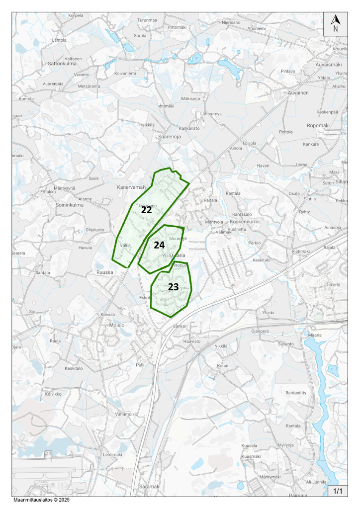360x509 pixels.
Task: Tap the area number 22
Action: [x=146, y=210]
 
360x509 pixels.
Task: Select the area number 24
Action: [x=159, y=245]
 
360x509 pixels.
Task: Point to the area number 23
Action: [x=173, y=287]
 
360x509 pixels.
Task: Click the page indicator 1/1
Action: [x=338, y=491]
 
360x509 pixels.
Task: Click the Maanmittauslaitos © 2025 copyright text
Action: [x=41, y=500]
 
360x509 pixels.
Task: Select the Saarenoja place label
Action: [x=169, y=136]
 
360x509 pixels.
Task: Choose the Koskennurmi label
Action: [x=246, y=222]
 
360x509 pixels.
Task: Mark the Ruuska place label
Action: [x=105, y=272]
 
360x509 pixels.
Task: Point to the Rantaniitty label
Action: [x=296, y=393]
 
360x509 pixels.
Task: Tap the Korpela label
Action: [x=76, y=15]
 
